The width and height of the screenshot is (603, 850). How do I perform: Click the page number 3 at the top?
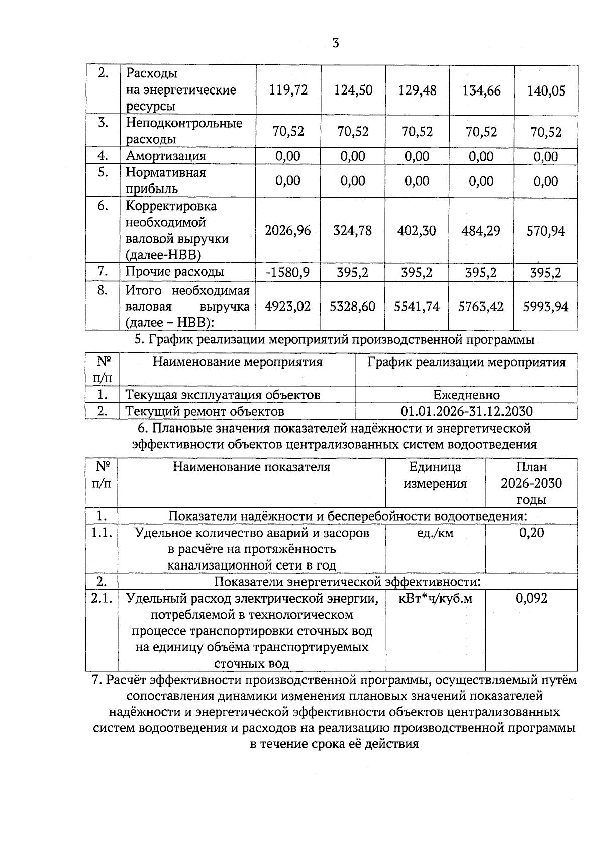(336, 43)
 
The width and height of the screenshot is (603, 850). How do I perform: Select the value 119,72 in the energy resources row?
(288, 90)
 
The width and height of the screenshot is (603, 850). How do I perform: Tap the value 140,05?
(546, 91)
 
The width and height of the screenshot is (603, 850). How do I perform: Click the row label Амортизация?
(166, 156)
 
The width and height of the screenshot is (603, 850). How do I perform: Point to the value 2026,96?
(288, 231)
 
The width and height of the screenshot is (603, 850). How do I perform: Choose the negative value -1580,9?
(288, 272)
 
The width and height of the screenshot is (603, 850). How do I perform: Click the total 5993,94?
(546, 307)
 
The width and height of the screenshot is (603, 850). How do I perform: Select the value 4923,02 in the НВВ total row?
(288, 306)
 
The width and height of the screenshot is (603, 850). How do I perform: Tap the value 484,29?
(481, 231)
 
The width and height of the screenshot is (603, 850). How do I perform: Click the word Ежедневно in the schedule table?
(466, 395)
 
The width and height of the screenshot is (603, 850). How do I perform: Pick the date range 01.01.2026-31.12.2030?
(466, 411)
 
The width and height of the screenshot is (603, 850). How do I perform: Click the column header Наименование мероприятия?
(238, 362)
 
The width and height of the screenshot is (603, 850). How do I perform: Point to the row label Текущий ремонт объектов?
(205, 411)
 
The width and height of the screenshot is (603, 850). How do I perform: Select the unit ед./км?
(435, 533)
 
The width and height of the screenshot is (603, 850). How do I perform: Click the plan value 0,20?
(531, 533)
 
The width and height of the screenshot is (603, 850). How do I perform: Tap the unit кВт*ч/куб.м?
(435, 598)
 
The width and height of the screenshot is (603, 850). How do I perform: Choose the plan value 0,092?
(531, 598)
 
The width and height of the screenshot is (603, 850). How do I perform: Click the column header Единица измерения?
(435, 475)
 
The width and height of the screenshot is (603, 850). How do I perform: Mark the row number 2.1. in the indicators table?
(102, 598)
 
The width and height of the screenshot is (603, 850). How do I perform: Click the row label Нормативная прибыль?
(166, 180)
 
